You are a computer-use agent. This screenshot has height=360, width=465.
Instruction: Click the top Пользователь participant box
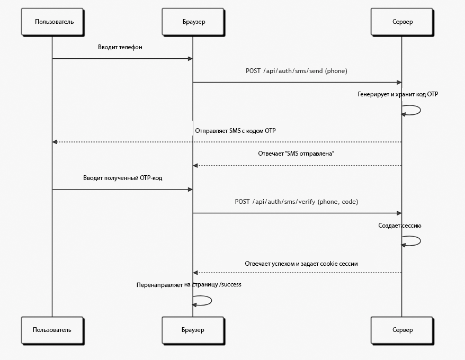tap(52, 22)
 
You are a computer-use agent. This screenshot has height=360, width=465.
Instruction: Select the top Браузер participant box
tap(193, 22)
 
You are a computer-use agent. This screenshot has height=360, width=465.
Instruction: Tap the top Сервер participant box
tap(402, 22)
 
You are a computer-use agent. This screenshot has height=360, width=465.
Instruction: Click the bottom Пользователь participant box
tap(52, 330)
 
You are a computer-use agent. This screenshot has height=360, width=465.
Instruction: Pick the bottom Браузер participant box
tap(193, 330)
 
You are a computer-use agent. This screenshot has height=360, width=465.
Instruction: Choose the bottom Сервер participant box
tap(402, 330)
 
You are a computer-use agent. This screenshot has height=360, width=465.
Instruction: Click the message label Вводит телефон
tap(120, 47)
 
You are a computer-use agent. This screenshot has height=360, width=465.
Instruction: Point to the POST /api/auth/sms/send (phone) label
tap(296, 71)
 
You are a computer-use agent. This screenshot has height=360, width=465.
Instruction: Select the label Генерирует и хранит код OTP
tap(398, 94)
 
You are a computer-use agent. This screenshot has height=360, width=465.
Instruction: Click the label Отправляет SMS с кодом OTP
tap(235, 131)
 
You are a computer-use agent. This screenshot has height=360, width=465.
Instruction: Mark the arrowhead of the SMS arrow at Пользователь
tap(55, 142)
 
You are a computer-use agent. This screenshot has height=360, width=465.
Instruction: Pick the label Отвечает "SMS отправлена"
tap(296, 154)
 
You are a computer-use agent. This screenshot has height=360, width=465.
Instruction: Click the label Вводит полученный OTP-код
tap(122, 178)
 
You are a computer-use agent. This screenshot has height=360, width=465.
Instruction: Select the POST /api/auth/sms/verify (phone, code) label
tap(296, 202)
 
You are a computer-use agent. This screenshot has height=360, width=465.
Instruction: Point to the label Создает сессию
tap(399, 226)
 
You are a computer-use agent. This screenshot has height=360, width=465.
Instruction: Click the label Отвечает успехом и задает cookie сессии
tap(301, 264)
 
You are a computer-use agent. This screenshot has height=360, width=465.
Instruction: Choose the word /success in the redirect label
tap(230, 285)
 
